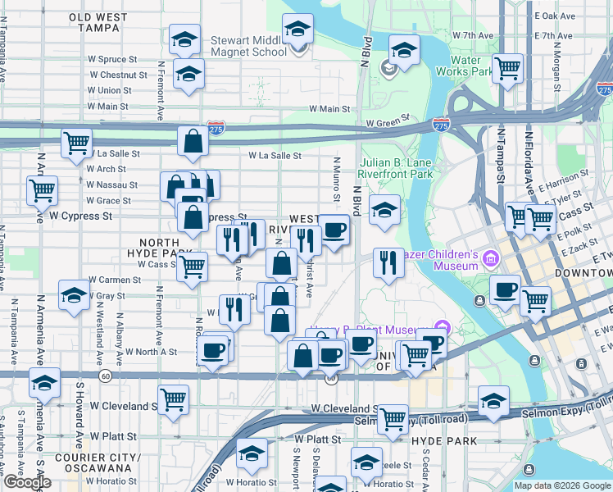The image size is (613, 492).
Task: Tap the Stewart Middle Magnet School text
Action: (x=249, y=45)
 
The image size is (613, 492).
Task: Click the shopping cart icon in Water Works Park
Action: (x=508, y=68)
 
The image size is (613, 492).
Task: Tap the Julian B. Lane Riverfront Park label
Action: (x=396, y=168)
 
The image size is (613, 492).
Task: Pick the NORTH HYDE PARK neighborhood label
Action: (x=165, y=249)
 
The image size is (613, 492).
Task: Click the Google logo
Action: (x=27, y=482)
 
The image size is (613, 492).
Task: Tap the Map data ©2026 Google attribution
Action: (x=562, y=485)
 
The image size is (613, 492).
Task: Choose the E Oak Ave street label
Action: (x=556, y=16)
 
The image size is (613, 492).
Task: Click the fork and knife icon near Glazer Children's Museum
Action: (x=386, y=262)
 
